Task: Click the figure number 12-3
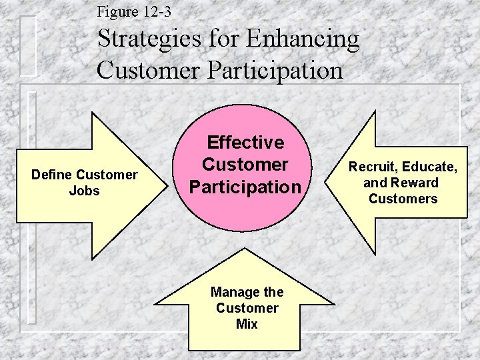point(155,11)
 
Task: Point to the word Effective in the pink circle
point(245,142)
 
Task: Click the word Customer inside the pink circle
point(245,164)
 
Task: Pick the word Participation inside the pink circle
point(245,187)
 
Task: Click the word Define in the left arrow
point(53,175)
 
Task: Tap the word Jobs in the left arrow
point(84,191)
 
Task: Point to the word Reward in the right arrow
point(415,183)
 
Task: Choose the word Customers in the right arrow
point(403,199)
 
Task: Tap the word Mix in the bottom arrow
point(247,325)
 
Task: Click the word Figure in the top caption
point(115,11)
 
